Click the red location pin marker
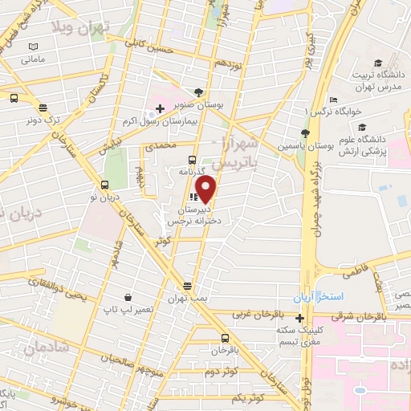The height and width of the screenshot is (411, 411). pyautogui.click(x=206, y=189)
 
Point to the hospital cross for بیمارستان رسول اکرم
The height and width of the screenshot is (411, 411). pyautogui.click(x=160, y=108)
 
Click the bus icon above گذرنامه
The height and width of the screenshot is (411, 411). pyautogui.click(x=191, y=159)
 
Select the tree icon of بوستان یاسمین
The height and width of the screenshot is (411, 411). pyautogui.click(x=305, y=134)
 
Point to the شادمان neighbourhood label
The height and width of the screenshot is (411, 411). pyautogui.click(x=43, y=348)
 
